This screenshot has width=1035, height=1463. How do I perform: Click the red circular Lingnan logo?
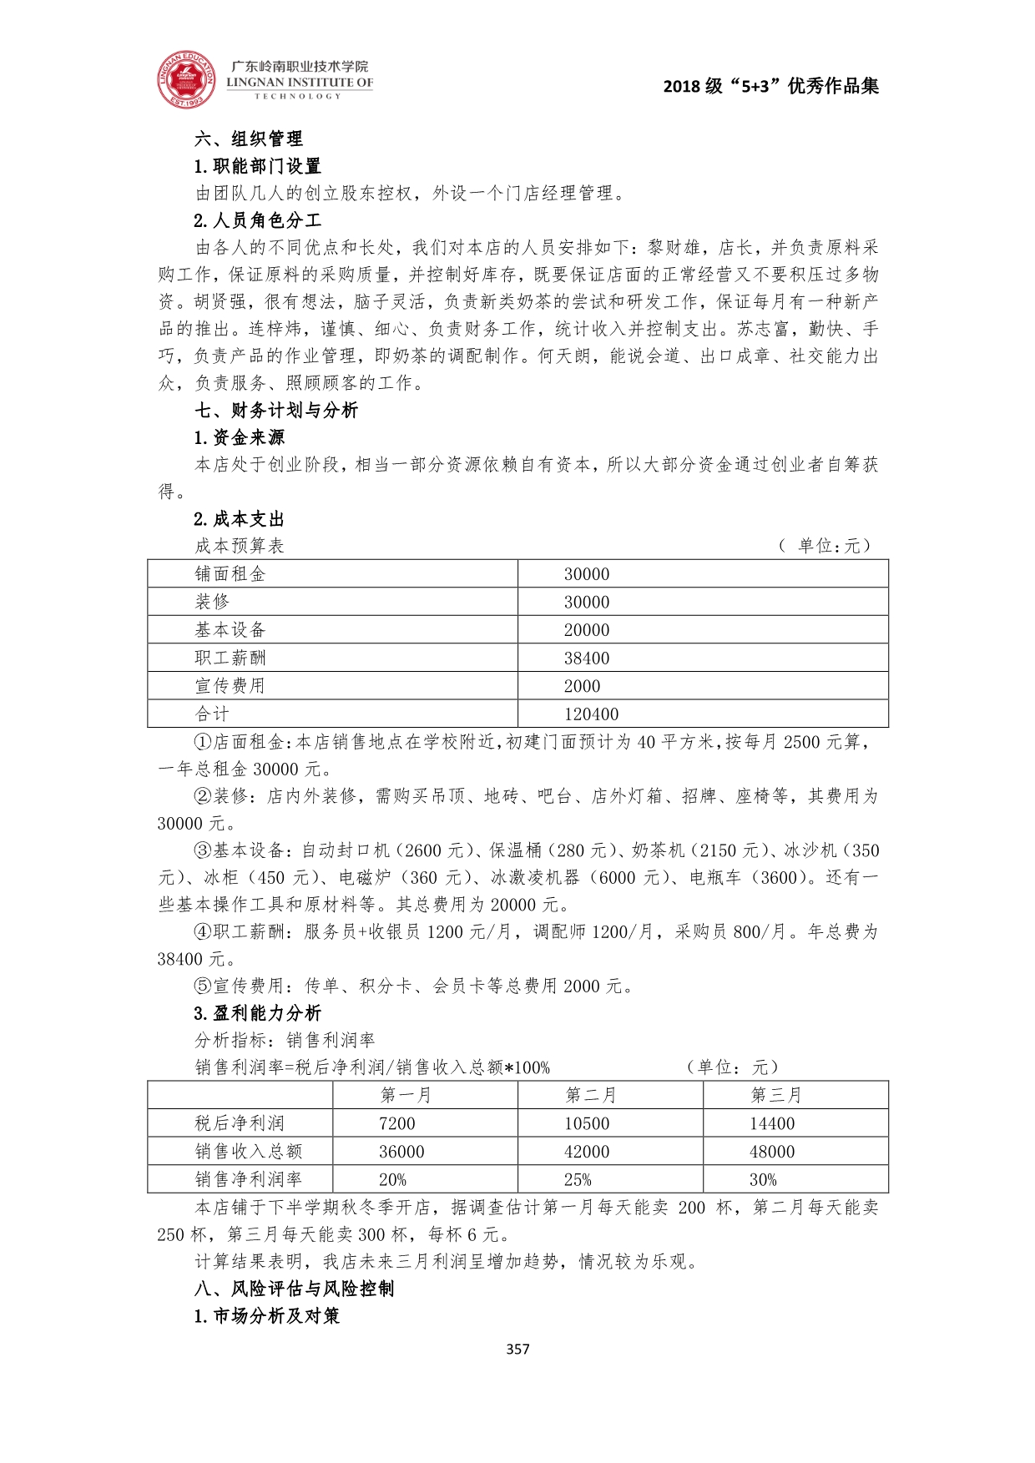(186, 80)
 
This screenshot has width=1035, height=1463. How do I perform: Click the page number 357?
(517, 1349)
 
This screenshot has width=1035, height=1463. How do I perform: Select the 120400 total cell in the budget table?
(591, 714)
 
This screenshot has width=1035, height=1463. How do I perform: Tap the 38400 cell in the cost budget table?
(587, 658)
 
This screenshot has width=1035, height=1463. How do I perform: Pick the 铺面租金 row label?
(230, 574)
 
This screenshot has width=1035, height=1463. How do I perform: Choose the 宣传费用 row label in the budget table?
(230, 686)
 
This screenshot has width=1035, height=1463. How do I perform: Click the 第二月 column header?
(591, 1095)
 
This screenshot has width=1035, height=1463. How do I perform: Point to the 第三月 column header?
(776, 1095)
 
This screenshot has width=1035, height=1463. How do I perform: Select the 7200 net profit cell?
(397, 1123)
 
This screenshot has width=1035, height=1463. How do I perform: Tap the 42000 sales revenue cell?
(587, 1152)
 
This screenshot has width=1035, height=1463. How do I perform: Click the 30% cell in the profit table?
(763, 1180)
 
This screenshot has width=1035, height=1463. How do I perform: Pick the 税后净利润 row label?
(240, 1123)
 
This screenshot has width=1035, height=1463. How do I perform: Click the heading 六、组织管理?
(249, 139)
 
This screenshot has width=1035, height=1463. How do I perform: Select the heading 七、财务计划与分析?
(276, 410)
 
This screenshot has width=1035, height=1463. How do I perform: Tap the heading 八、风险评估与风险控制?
(294, 1289)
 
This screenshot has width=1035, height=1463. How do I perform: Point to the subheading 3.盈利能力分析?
(257, 1013)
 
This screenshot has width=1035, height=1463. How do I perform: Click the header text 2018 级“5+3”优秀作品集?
(770, 86)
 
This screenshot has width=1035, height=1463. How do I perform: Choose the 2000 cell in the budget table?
(582, 686)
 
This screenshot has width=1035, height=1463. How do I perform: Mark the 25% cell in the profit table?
(578, 1180)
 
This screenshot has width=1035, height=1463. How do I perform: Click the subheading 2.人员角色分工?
(257, 220)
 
